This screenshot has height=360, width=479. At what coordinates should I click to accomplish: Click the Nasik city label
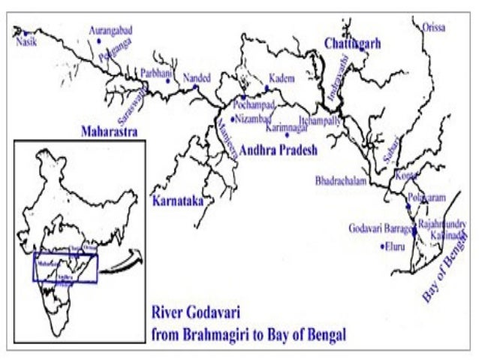(x=26, y=42)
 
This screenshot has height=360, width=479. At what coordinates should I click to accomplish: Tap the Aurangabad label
(x=110, y=30)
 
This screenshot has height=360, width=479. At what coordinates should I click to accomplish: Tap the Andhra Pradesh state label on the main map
(x=279, y=150)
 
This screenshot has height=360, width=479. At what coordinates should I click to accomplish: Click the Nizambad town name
(x=253, y=118)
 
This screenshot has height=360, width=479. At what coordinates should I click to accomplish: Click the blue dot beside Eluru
(x=382, y=246)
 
